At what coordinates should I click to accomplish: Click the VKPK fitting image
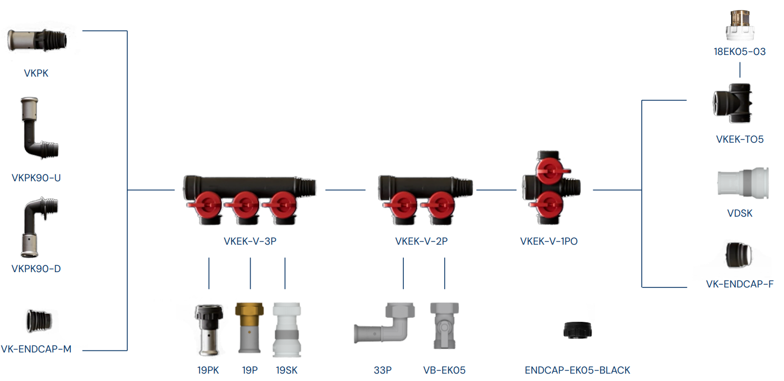(37, 41)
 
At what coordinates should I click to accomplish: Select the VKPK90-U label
(36, 178)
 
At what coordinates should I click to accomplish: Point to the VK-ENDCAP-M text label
(36, 349)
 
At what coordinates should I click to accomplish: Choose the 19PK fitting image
(209, 329)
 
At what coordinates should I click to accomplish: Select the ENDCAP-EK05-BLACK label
(577, 370)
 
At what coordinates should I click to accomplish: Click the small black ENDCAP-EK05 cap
(578, 330)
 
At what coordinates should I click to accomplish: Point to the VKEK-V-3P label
(250, 241)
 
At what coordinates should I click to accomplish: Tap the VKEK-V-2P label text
(421, 241)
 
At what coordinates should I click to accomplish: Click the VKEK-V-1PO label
(549, 241)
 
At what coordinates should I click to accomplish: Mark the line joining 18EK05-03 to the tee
(740, 70)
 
